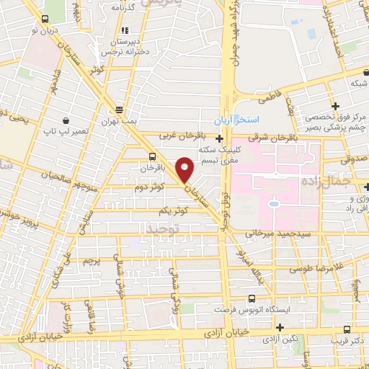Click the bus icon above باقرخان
pyautogui.click(x=152, y=156)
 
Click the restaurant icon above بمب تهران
pyautogui.click(x=120, y=110)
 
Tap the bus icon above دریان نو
pyautogui.click(x=45, y=19)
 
